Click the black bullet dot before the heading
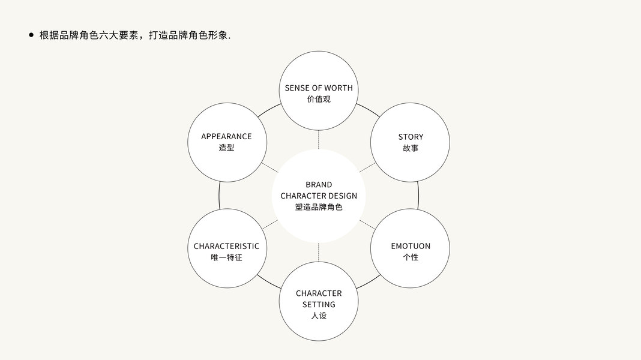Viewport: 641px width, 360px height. pos(31,35)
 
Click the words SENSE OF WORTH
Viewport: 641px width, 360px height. pos(319,88)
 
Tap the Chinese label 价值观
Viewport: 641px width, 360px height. pos(319,99)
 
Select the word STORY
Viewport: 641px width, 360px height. pos(411,137)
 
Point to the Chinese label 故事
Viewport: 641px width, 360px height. pos(411,148)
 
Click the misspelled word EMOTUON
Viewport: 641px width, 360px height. pos(411,246)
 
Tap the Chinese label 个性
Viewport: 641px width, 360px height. pos(411,257)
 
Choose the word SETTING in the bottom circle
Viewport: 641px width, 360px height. pos(319,304)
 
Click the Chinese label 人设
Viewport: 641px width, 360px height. pos(319,315)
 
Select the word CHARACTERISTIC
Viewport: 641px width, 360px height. pos(226,246)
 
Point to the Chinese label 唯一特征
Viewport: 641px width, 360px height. pos(226,257)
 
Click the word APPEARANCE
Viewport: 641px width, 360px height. pos(226,137)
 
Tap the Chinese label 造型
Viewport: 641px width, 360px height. pos(226,148)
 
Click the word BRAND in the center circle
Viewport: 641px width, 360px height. pos(319,185)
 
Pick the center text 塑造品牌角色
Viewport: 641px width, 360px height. pos(319,207)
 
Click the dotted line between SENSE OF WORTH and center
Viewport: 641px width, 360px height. pos(319,139)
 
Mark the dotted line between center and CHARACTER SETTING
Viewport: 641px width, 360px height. pos(319,252)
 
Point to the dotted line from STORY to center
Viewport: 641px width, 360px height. pos(367,167)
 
